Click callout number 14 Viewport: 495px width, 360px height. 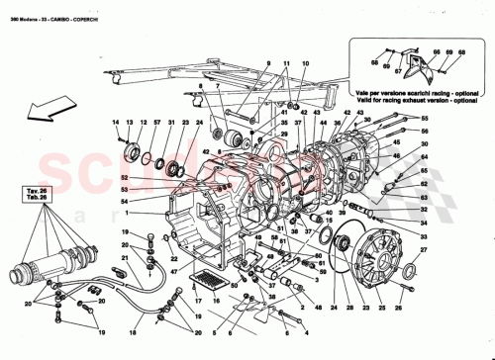tap(115, 122)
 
